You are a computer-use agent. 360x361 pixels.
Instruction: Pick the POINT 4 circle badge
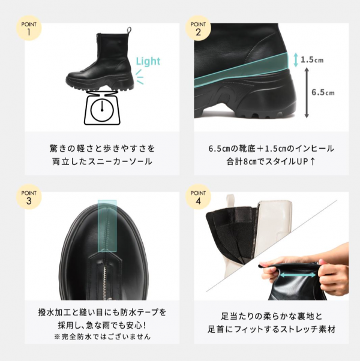[x=197, y=197]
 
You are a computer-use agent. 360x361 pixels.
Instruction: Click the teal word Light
[x=148, y=61]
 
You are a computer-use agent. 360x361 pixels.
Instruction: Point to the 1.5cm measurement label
[x=312, y=60]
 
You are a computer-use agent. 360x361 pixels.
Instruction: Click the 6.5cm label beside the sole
[x=323, y=92]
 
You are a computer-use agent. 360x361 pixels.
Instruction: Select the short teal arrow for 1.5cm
[x=295, y=60]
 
